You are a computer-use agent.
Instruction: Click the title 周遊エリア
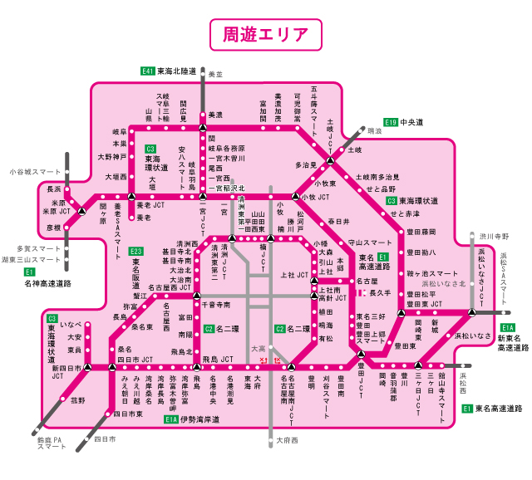click(x=266, y=35)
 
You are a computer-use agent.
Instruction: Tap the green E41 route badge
click(x=148, y=72)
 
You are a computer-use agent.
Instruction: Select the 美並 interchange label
click(x=216, y=75)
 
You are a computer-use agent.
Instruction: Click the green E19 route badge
click(x=391, y=122)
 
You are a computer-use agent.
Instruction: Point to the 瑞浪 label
click(x=375, y=131)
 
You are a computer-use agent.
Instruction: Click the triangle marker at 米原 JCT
click(x=81, y=212)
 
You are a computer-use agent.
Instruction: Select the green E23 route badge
click(x=136, y=252)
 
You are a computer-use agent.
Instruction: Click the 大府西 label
click(x=287, y=440)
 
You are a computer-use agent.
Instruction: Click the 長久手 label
click(x=379, y=293)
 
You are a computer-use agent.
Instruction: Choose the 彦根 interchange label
click(x=54, y=227)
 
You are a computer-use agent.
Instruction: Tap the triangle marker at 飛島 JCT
click(x=197, y=366)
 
